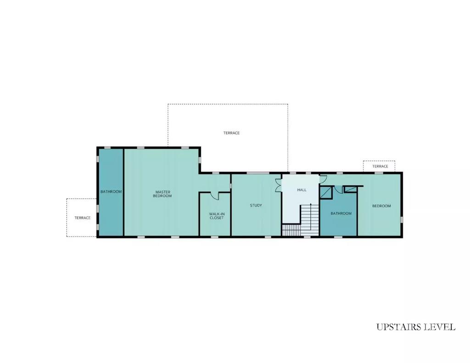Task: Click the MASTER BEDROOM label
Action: pos(162,194)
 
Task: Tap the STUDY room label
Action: pos(256,205)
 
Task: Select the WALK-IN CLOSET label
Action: pos(217,216)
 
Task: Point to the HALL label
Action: pos(302,190)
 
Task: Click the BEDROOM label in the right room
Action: pos(381,206)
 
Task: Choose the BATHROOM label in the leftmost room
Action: pos(111,191)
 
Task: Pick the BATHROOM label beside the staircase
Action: pos(341,213)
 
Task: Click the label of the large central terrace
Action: pos(231,133)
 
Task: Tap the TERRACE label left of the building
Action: pos(83,218)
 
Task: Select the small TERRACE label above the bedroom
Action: pos(380,167)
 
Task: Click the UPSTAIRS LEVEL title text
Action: pos(416,327)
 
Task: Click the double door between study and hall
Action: pos(279,185)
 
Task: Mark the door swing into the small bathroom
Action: pos(338,190)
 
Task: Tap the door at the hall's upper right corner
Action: pos(323,179)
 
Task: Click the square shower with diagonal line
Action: pos(326,192)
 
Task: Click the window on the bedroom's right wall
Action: pos(401,220)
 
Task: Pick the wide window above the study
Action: pos(258,173)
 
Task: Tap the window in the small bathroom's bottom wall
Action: pos(338,237)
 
